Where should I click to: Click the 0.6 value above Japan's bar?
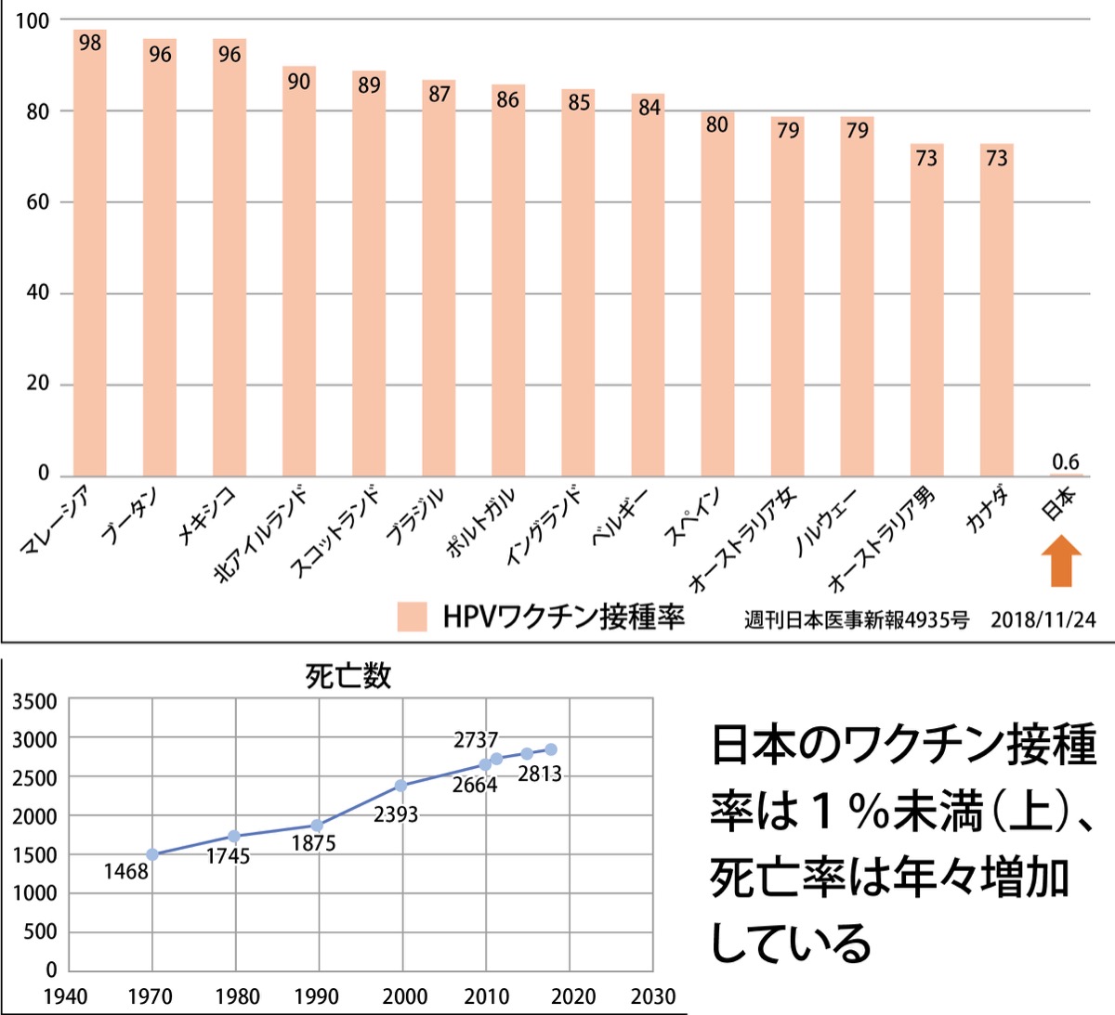pos(1066,462)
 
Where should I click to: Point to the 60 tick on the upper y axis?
pos(38,202)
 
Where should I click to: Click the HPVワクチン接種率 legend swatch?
pos(412,617)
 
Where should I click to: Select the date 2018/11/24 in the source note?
pos(1043,619)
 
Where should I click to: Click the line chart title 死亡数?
pos(348,675)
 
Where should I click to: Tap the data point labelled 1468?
pos(152,854)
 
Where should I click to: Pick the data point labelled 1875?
pos(317,825)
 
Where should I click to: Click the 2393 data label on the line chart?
pos(396,814)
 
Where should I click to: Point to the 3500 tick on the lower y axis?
pos(34,701)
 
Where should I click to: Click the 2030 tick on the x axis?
pos(653,996)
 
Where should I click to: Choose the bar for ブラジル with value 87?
pos(439,279)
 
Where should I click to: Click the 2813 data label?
pos(540,774)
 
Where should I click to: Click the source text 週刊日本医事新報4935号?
pos(856,619)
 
